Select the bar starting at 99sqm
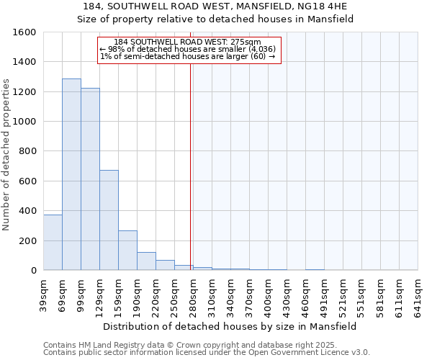90,179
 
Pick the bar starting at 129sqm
109,220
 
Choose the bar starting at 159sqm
127,251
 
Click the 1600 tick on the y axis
24,32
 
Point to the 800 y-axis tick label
27,151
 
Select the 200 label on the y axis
27,240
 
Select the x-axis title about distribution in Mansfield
230,326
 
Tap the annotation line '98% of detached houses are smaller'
188,49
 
